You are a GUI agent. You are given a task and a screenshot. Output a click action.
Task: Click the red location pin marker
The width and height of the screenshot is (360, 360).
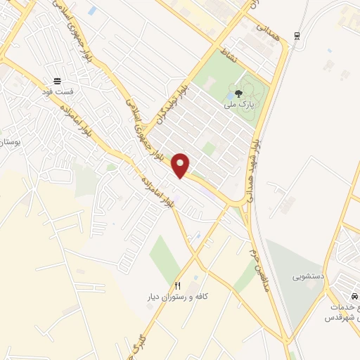point(181,165)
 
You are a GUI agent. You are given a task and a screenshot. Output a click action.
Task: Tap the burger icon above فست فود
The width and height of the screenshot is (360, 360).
point(57,80)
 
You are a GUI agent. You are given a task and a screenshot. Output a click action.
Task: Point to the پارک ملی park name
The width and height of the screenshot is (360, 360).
point(238,105)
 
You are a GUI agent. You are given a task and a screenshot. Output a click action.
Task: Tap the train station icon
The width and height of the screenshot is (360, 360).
point(297,37)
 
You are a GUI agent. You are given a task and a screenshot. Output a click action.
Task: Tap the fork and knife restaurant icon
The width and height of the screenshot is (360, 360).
point(177,286)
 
